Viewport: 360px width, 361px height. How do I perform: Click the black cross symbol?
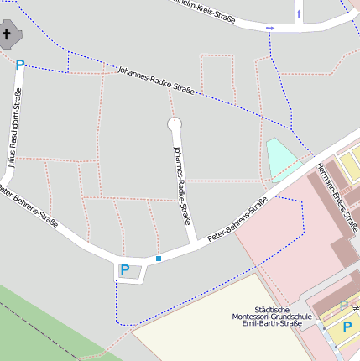8,34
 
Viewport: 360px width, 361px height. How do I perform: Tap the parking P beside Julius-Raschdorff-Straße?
20,64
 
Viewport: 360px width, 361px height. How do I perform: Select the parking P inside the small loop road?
125,269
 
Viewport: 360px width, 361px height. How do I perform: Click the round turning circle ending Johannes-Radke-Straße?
175,124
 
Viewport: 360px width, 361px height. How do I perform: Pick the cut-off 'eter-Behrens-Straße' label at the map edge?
29,207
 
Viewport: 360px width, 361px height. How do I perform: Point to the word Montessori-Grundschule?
272,316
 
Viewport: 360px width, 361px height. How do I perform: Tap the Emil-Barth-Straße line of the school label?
271,324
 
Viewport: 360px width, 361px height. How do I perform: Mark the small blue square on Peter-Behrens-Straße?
158,259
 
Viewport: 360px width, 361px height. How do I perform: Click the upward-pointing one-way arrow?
299,14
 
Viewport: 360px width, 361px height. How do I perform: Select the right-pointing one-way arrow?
270,29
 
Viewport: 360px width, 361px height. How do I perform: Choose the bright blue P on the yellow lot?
347,326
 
